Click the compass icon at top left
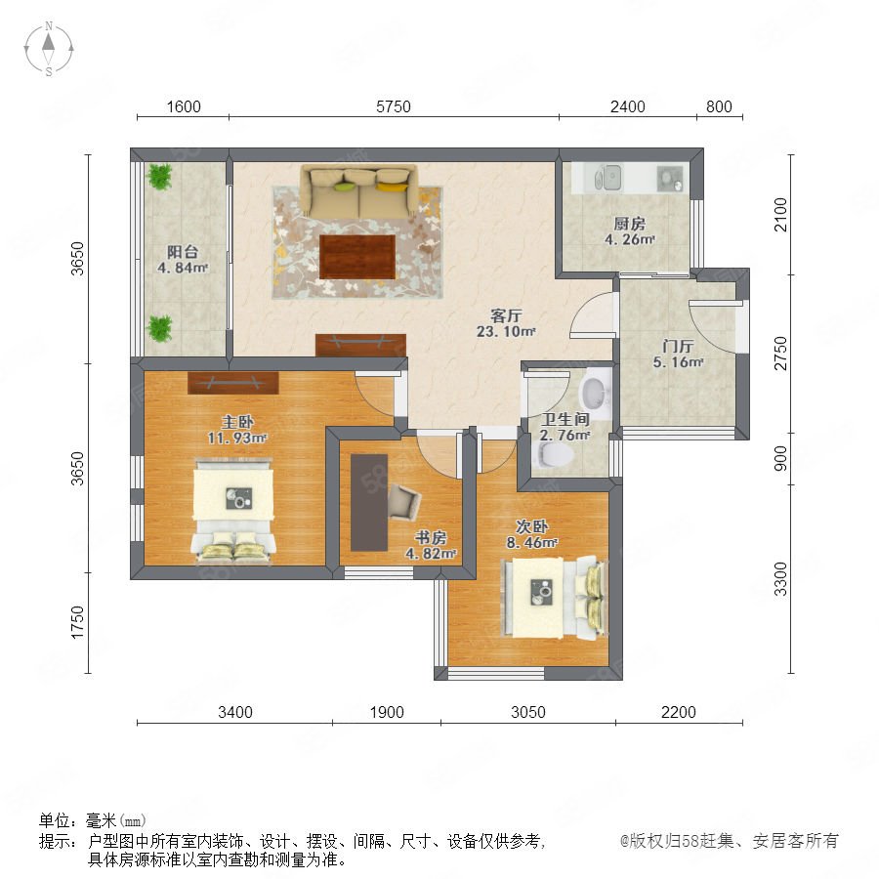(49, 49)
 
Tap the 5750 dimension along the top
(393, 106)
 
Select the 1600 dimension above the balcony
(184, 106)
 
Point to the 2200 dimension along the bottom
(679, 712)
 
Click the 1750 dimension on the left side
(77, 622)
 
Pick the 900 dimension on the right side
(780, 459)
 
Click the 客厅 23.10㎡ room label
(506, 323)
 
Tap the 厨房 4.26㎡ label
(630, 231)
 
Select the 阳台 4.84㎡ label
(183, 260)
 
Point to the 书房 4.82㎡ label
(431, 545)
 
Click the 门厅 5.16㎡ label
(678, 354)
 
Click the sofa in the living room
(358, 191)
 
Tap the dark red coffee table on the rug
(357, 257)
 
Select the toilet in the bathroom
(555, 454)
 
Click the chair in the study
(403, 501)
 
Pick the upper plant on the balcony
(159, 176)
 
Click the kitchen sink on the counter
(607, 178)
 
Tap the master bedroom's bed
(233, 510)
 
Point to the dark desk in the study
(369, 502)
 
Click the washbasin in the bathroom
(595, 393)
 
